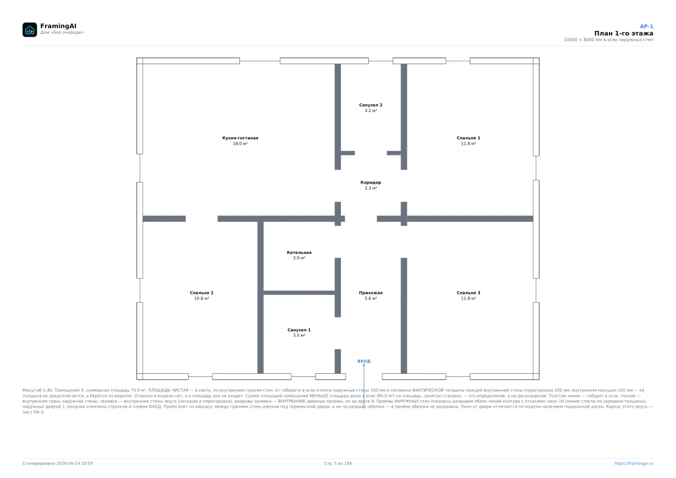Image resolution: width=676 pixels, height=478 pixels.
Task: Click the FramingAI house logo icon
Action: [29, 29]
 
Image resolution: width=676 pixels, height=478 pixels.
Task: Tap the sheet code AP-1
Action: [647, 26]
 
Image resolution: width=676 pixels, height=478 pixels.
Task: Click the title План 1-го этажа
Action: [624, 33]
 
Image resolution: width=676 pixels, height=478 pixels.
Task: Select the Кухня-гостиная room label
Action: [240, 138]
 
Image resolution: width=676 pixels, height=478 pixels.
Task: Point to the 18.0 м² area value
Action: [240, 144]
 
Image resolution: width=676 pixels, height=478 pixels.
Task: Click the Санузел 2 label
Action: [371, 105]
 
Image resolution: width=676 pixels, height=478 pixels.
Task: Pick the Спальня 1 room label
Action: [468, 138]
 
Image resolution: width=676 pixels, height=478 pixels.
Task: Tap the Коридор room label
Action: [371, 182]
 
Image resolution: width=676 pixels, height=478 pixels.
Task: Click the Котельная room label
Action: [299, 252]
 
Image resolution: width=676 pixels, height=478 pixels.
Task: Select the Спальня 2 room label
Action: [202, 293]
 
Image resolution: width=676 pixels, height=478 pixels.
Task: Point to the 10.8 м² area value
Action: [202, 298]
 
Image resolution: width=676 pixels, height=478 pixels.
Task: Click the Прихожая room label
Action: [371, 293]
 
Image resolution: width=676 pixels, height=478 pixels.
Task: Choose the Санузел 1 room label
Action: [299, 330]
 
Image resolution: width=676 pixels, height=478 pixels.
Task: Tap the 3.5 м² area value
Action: [299, 336]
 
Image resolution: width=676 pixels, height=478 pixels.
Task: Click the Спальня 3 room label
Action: [468, 293]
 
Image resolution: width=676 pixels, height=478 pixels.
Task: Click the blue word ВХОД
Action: [364, 361]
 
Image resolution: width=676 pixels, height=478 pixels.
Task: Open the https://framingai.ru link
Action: [634, 463]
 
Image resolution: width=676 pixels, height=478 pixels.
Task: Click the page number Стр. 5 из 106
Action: [338, 463]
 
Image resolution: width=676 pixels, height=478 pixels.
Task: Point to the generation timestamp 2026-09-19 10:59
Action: [74, 463]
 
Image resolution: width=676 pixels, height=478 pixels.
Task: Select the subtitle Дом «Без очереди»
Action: [62, 32]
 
